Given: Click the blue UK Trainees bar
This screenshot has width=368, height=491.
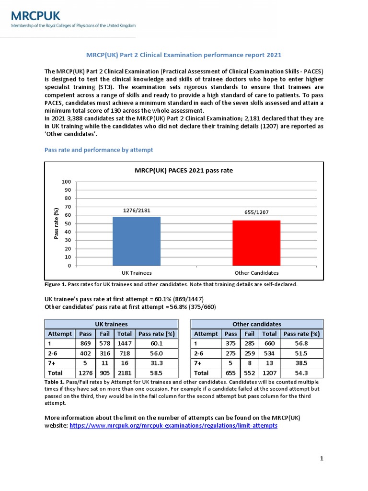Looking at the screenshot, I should click(137, 241).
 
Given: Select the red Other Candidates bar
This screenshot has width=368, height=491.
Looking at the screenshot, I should click(256, 243).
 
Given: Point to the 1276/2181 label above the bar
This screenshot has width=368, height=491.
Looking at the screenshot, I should click(137, 210).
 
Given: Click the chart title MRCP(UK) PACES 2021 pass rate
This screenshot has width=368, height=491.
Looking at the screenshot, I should click(184, 170).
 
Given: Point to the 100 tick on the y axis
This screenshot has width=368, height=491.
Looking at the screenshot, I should click(66, 182).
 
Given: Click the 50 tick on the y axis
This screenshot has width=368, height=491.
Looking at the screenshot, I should click(68, 223).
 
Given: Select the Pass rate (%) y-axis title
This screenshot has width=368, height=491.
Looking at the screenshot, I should click(56, 223).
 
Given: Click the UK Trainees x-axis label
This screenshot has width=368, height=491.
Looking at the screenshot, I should click(137, 273).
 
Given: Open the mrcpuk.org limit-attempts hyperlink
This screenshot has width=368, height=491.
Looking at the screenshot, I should click(173, 426).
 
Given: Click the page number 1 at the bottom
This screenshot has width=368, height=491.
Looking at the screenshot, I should click(322, 459).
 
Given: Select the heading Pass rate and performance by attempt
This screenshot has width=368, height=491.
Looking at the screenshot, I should click(99, 150).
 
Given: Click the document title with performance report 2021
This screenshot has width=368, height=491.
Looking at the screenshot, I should click(184, 55).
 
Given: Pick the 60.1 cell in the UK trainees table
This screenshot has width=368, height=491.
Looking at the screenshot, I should click(156, 343).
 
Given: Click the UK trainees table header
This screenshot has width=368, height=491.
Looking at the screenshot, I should click(111, 324).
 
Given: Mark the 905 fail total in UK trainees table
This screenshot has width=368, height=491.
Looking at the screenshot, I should click(103, 373).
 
